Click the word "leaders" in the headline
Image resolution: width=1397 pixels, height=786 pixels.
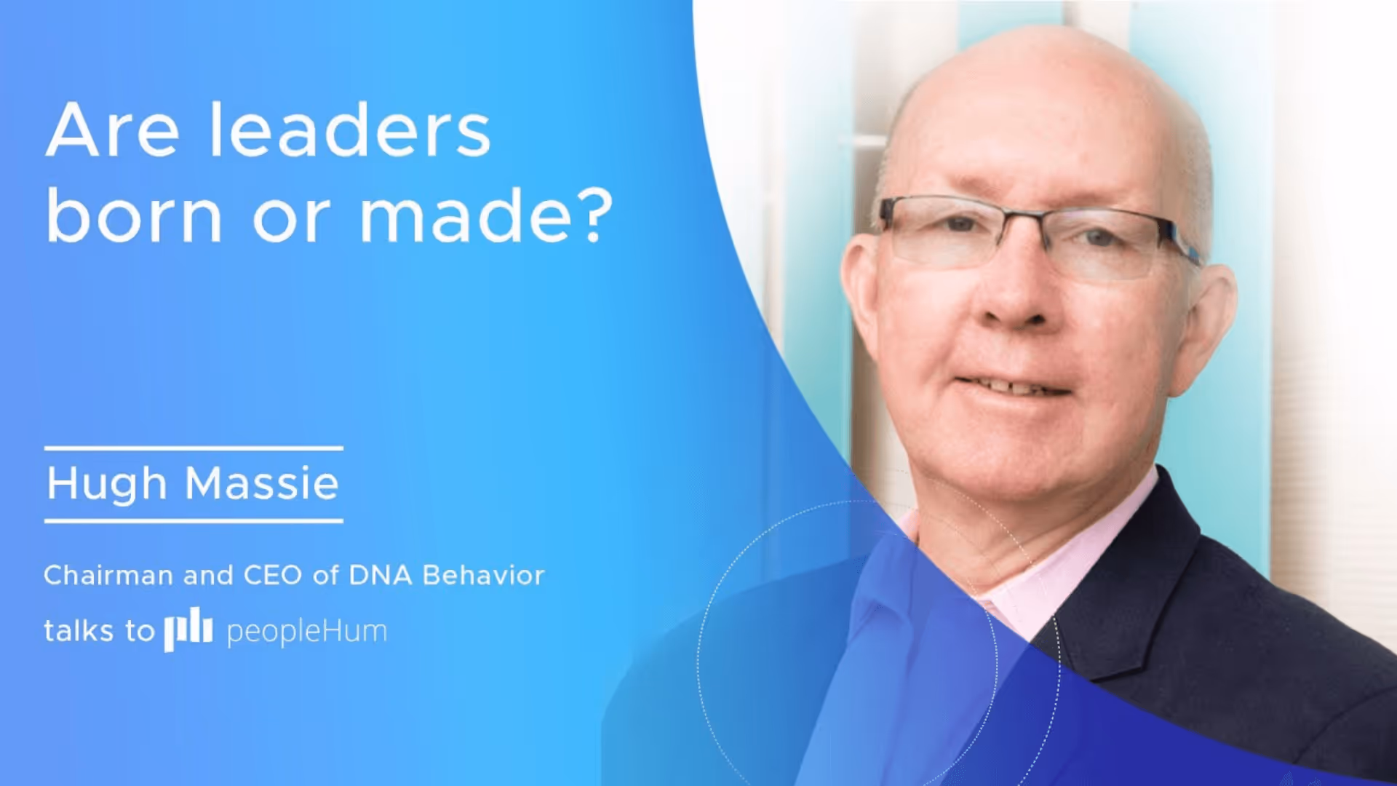(x=350, y=131)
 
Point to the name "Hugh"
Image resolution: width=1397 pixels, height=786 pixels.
(x=107, y=484)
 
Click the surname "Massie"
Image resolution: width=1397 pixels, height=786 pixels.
(x=262, y=483)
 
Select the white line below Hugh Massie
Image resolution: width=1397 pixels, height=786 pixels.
(x=194, y=520)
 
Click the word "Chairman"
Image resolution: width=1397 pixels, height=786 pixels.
(x=108, y=576)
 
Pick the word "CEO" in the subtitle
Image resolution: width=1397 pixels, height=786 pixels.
(x=272, y=576)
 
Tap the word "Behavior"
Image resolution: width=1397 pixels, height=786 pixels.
(x=483, y=576)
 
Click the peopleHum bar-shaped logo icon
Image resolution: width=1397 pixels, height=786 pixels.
(x=188, y=631)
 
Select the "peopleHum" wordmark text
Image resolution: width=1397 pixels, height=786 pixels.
(x=306, y=632)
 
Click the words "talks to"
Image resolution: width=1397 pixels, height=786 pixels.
(x=99, y=631)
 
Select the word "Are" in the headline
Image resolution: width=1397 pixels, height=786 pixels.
(x=112, y=131)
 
